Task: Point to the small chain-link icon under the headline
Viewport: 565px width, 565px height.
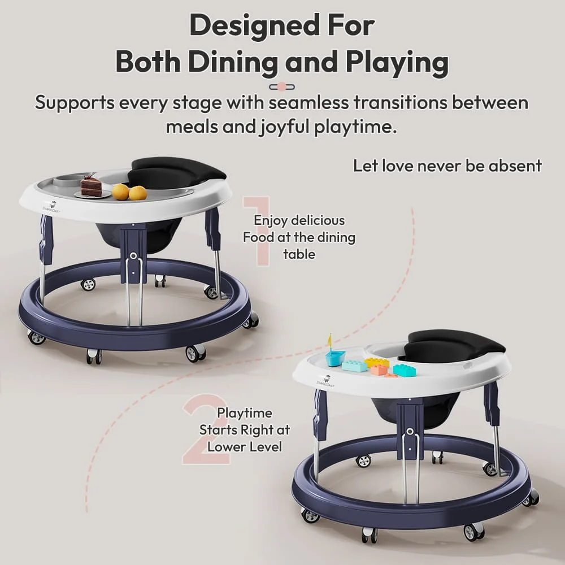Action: coord(282,86)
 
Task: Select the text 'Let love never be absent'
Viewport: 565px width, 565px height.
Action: coord(447,166)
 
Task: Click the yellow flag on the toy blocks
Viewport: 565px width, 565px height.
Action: coord(331,340)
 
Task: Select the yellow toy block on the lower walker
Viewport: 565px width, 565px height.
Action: coord(377,362)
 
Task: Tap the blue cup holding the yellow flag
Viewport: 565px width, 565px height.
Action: coord(334,358)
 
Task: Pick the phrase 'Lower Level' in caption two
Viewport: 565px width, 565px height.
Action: coord(244,446)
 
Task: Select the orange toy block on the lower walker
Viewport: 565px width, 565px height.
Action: coord(378,370)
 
